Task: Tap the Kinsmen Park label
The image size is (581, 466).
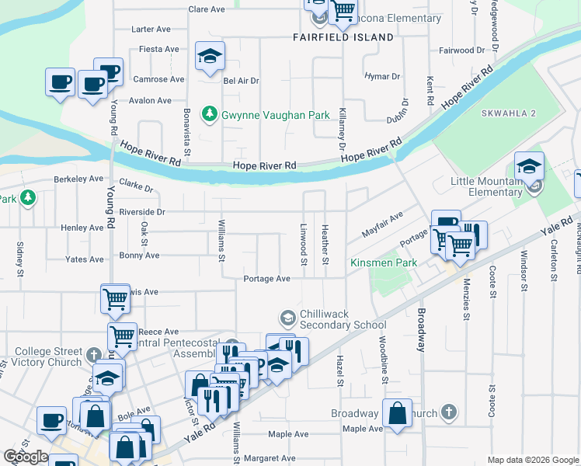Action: (383, 263)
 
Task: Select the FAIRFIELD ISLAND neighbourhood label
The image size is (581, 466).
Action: (343, 37)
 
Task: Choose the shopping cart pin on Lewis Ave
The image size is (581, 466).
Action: (115, 297)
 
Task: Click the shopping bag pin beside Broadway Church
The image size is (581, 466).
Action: (397, 415)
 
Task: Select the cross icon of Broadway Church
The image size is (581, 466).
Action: (448, 412)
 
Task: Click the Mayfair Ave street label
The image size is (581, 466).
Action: (383, 224)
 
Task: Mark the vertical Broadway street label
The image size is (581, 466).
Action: (422, 330)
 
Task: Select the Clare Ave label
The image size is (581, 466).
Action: (207, 10)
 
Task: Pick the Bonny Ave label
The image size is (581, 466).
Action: (139, 256)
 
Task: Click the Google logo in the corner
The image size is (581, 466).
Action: (26, 457)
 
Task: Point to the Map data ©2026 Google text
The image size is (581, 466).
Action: (533, 459)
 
